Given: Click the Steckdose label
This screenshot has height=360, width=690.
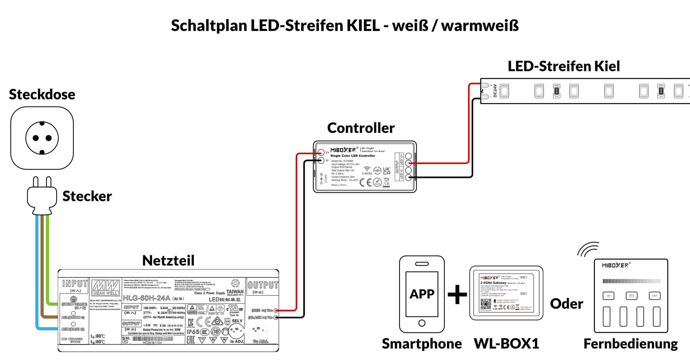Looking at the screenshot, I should (42, 94).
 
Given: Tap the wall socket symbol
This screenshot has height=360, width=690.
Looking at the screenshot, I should (42, 138).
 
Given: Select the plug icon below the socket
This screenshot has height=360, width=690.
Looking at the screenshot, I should (42, 196).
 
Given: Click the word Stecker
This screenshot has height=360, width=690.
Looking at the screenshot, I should (87, 196).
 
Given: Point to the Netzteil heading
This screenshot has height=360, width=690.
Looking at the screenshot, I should (168, 260).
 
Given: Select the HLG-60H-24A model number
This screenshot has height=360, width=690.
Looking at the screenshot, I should (147, 298).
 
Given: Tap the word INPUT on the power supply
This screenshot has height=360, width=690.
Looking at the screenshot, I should (75, 283).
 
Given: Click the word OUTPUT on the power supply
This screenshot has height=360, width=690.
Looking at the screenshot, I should (263, 285).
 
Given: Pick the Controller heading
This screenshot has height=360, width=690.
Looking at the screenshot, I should (361, 128).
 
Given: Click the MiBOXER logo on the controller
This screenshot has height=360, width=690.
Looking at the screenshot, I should (343, 150).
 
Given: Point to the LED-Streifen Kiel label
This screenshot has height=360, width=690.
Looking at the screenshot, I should (564, 66).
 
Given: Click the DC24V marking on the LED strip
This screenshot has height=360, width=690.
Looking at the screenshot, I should (495, 91).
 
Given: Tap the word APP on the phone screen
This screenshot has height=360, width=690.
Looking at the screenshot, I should (422, 294).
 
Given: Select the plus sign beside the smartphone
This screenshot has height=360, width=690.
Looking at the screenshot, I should (457, 295).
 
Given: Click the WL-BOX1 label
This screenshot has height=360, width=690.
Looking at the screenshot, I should (507, 343).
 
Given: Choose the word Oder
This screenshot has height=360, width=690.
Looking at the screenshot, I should (566, 304).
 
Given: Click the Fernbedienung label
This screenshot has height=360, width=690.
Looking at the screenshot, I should (631, 343).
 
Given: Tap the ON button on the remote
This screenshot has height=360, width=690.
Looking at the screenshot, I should (608, 296).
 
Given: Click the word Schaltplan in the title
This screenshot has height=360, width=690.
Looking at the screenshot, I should (209, 26).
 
